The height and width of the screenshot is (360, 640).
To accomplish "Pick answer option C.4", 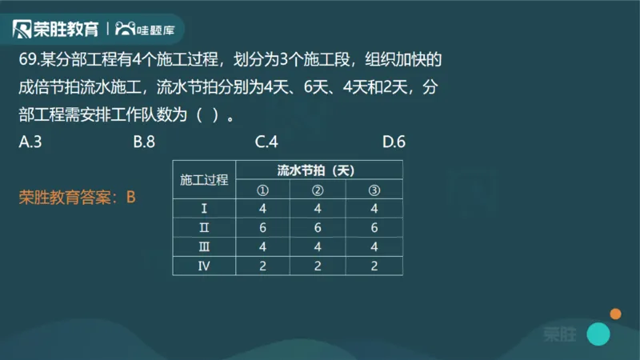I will pyautogui.click(x=266, y=142).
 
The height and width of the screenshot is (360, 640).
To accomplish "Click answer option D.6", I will pyautogui.click(x=394, y=142).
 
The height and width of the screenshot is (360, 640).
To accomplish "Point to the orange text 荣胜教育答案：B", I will pyautogui.click(x=78, y=196).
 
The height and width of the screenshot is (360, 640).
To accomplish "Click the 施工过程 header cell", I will pyautogui.click(x=204, y=180).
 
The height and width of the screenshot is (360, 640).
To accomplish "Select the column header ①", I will pyautogui.click(x=262, y=190).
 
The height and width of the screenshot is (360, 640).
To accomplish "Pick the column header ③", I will pyautogui.click(x=374, y=190).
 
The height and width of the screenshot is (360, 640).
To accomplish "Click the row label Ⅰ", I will pyautogui.click(x=204, y=209).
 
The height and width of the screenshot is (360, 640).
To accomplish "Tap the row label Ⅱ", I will pyautogui.click(x=204, y=228).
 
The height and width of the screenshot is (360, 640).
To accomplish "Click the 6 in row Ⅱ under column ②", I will pyautogui.click(x=318, y=228).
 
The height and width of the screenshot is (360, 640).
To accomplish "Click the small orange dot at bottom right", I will pyautogui.click(x=615, y=314).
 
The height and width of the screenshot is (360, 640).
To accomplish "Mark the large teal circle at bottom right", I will pyautogui.click(x=598, y=334).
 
